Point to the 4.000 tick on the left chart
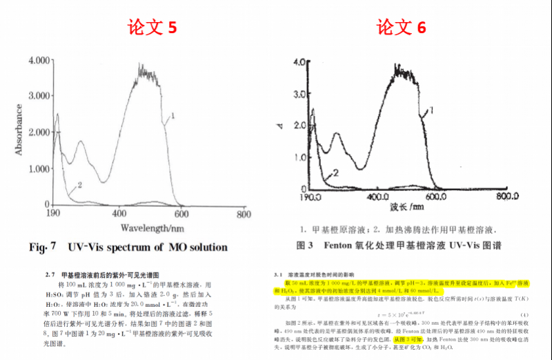click(x=39, y=61)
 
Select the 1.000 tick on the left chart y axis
click(x=39, y=168)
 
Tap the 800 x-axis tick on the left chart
click(x=243, y=214)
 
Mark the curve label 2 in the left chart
click(x=80, y=186)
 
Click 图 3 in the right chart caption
click(x=306, y=245)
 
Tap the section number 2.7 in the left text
click(x=50, y=274)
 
